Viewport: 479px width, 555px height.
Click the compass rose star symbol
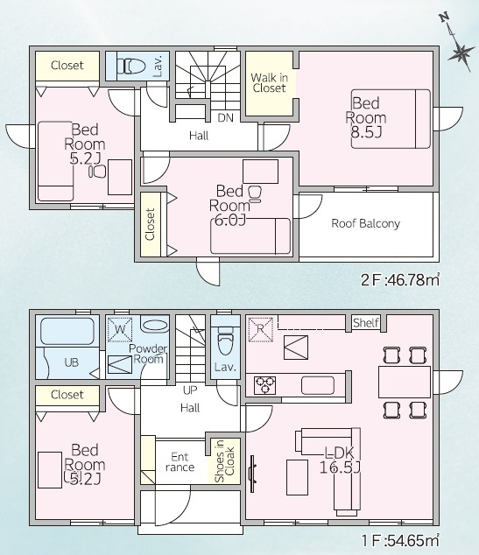point(461,53)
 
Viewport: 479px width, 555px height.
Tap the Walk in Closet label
point(269,82)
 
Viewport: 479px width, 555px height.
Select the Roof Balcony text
point(366,223)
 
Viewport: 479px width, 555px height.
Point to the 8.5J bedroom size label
point(366,132)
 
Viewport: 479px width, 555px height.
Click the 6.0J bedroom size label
point(230,221)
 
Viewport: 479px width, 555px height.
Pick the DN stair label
point(226,118)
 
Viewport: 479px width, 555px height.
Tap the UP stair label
point(190,390)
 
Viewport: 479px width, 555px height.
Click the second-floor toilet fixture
point(131,66)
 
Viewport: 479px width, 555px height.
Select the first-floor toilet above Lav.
point(226,341)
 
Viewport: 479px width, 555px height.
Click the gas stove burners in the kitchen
point(265,385)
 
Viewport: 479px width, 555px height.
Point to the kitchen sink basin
point(318,385)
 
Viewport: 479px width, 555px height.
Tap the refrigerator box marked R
point(261,329)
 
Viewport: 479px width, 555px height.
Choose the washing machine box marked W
point(120,329)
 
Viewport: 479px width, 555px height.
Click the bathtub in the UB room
point(67,331)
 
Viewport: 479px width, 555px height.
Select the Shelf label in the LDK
point(366,322)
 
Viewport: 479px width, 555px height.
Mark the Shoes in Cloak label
point(224,461)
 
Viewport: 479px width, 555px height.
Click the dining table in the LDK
point(405,383)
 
